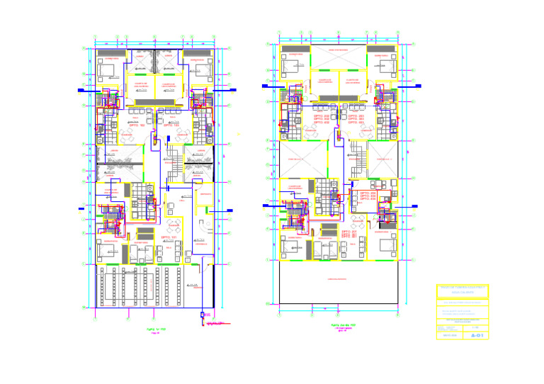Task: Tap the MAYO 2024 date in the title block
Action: point(449,335)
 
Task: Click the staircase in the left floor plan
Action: point(174,162)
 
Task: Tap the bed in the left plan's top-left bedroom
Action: point(108,71)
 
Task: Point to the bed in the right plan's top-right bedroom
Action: point(385,68)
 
